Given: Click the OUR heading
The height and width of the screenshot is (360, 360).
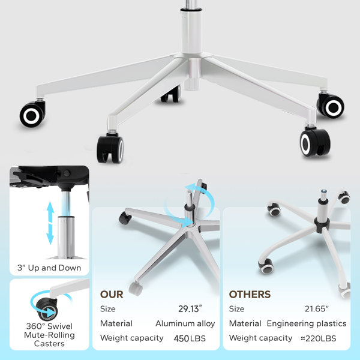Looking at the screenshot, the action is click(112, 295).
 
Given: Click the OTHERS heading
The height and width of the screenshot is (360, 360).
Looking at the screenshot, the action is click(250, 295).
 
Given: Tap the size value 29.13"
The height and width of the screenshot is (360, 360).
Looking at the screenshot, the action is click(190, 309).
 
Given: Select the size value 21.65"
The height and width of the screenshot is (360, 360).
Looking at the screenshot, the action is click(317, 309).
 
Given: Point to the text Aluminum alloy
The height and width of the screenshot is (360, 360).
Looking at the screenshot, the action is click(185, 323).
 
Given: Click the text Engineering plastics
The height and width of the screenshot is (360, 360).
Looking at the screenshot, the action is click(307, 323).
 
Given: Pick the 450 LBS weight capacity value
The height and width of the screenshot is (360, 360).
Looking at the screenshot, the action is click(190, 338).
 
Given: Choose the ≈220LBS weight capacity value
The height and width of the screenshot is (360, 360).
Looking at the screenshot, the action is click(319, 338).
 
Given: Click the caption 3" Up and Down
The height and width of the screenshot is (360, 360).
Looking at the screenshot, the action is click(49, 268).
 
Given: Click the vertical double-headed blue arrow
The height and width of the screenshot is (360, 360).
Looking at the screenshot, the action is click(50, 223).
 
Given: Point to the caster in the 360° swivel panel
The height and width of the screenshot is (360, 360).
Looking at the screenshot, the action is click(47, 309).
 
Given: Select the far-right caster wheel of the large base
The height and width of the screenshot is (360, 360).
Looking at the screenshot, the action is click(331, 106).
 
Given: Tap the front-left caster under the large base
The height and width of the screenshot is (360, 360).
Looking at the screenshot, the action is click(110, 148).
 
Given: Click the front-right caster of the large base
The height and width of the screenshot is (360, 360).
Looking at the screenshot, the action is click(315, 142).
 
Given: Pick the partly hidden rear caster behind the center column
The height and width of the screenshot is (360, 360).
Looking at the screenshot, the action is click(170, 94).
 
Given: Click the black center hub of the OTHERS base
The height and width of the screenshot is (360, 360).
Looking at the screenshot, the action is click(322, 224).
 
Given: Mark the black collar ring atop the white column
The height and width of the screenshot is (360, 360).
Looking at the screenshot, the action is click(191, 10).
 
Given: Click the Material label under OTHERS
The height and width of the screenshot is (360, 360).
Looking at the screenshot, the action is click(245, 323).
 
